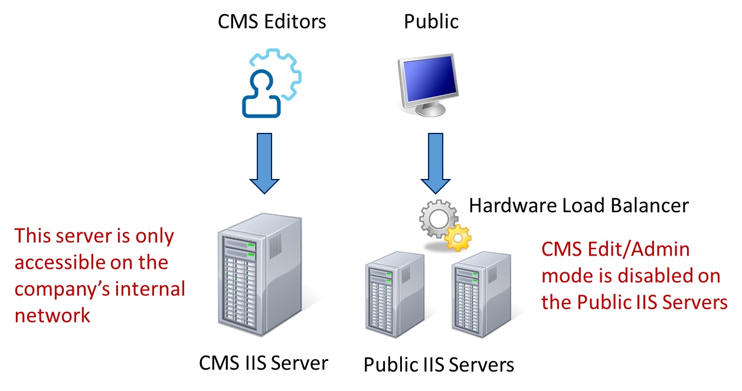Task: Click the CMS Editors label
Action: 272,22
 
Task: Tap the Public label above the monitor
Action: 431,22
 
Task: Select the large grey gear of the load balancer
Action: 437,220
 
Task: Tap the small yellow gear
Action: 457,238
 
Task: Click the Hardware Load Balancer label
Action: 578,205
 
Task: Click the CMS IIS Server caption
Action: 263,362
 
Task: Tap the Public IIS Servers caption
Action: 439,364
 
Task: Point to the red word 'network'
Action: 53,315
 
